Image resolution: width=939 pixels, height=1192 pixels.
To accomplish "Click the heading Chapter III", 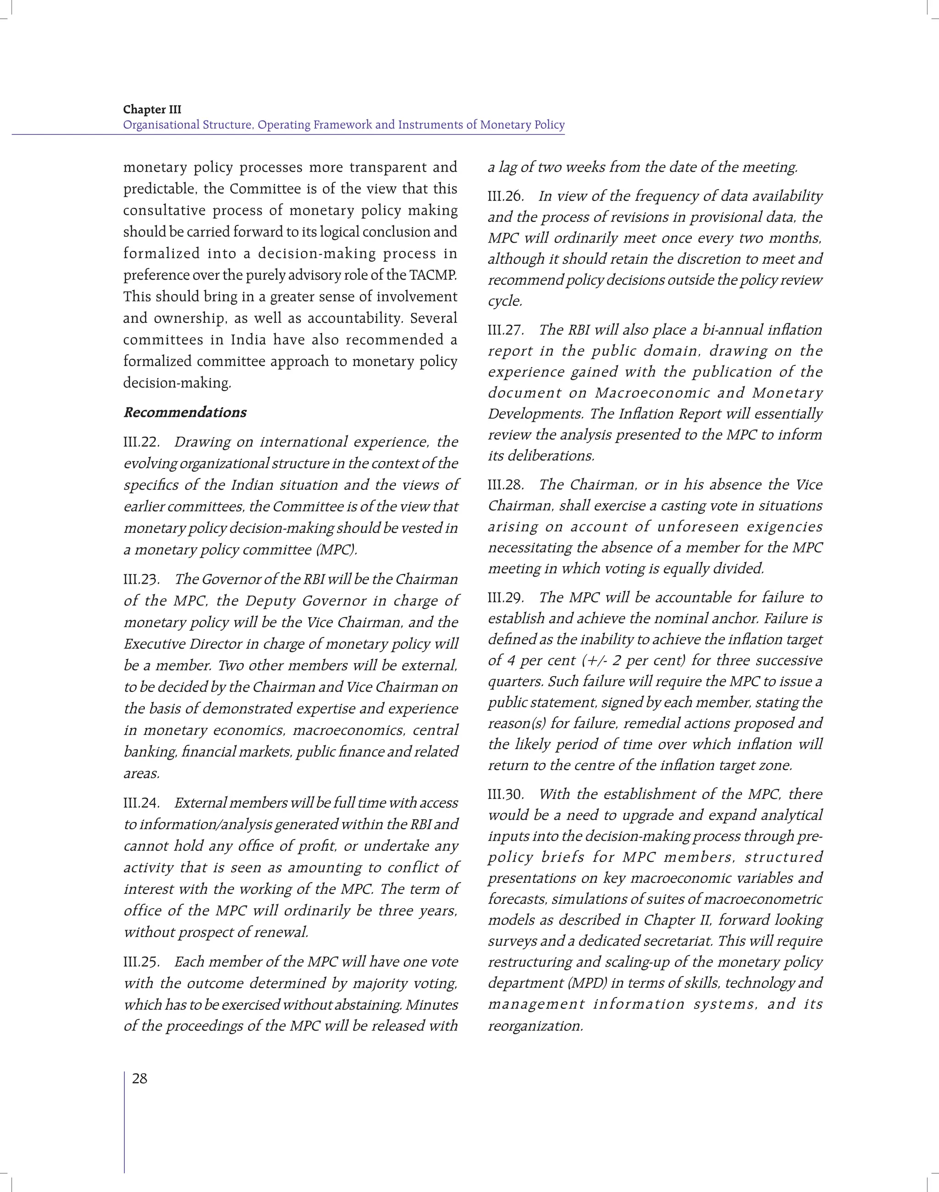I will pos(152,110).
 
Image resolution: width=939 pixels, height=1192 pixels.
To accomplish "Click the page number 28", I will pos(140,1079).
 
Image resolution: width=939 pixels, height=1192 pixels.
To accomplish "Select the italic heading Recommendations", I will pos(185,412).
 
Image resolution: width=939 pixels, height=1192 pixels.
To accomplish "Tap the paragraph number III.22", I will pos(141,442).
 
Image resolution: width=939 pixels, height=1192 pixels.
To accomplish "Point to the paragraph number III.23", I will pos(141,580).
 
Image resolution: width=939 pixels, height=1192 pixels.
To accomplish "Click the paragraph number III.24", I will pos(141,803).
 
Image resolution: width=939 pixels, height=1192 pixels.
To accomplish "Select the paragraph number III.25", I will pos(141,962).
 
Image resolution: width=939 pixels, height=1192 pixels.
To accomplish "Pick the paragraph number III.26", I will pos(505,196).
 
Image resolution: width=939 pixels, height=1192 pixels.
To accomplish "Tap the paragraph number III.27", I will pos(505,330).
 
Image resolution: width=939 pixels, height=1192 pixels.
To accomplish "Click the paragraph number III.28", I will pos(505,485).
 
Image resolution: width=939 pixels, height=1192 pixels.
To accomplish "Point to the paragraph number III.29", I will pos(505,598).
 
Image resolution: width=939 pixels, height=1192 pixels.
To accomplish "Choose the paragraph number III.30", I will pos(505,794).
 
